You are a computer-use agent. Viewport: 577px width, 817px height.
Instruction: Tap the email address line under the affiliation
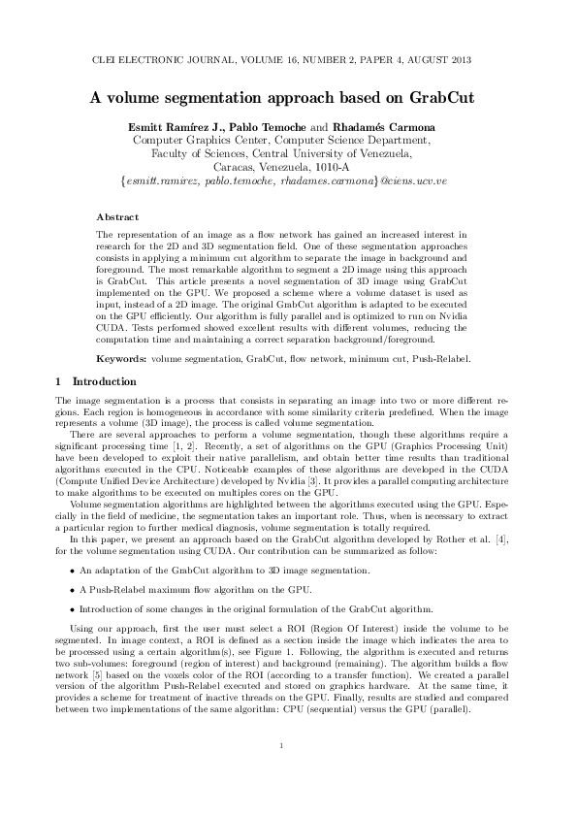288,180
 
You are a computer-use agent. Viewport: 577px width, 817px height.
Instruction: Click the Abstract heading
117,216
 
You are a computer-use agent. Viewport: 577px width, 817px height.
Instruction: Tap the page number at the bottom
279,773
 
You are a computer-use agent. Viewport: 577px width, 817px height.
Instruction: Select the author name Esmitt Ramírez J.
179,126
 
